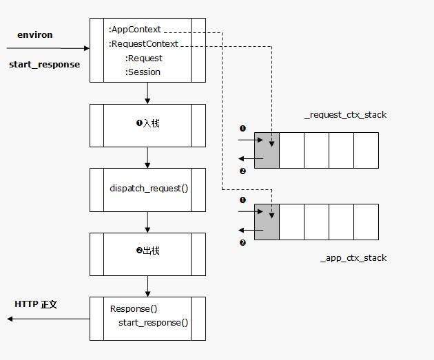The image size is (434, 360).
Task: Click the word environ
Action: click(x=34, y=34)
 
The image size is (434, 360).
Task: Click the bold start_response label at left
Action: click(x=44, y=65)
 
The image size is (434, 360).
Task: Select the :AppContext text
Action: click(x=135, y=30)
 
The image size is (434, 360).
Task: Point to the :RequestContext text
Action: click(x=143, y=44)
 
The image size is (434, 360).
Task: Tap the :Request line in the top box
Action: click(x=143, y=59)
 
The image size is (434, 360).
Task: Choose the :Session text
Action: click(x=143, y=72)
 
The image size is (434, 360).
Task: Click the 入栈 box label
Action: click(x=147, y=124)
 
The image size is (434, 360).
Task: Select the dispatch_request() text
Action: click(x=149, y=188)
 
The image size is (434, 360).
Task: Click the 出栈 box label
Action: click(x=147, y=251)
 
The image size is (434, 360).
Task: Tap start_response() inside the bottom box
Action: click(x=153, y=323)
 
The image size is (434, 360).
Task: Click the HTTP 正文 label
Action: click(x=36, y=304)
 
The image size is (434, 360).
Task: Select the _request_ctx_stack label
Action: click(x=345, y=115)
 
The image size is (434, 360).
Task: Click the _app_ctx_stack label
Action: click(x=353, y=258)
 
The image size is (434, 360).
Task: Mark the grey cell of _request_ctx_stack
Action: click(x=267, y=150)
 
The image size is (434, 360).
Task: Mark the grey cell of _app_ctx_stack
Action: click(x=267, y=222)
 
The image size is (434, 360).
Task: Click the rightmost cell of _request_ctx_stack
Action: click(x=366, y=150)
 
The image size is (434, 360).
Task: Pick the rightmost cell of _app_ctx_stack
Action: click(x=366, y=222)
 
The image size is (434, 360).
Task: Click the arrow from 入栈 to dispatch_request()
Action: click(x=147, y=158)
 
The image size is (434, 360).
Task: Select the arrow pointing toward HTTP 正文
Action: click(x=48, y=319)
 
